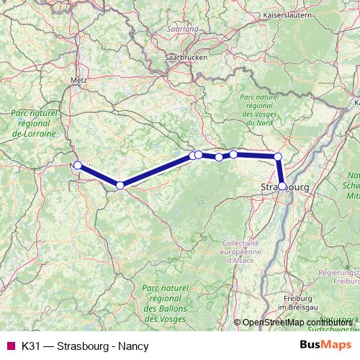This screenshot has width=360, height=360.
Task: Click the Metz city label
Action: tap(79, 81)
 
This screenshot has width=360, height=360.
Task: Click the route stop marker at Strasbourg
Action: tap(282, 186)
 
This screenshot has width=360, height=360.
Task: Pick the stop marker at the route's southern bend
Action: tap(120, 186)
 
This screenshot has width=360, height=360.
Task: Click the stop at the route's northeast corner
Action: tap(278, 156)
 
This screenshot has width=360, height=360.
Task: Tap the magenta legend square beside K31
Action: tap(10, 346)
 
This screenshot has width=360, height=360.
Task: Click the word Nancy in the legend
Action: tap(135, 346)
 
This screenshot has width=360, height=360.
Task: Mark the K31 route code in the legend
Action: tap(31, 346)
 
